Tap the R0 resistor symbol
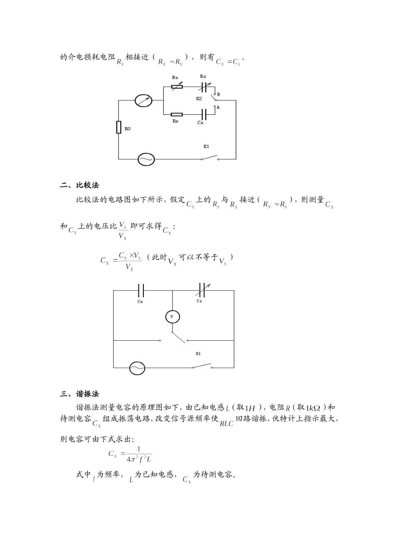(x=118, y=128)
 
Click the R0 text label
(x=128, y=129)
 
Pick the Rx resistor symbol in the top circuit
(x=177, y=114)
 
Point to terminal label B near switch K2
(x=218, y=94)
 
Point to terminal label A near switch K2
(x=218, y=107)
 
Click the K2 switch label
(x=199, y=99)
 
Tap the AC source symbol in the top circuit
(x=146, y=159)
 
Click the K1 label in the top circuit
(x=206, y=146)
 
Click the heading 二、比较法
(x=80, y=186)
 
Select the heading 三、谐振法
(x=80, y=394)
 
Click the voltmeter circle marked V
(x=172, y=317)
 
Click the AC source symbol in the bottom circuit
(x=137, y=368)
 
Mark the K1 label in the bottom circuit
(x=198, y=354)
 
